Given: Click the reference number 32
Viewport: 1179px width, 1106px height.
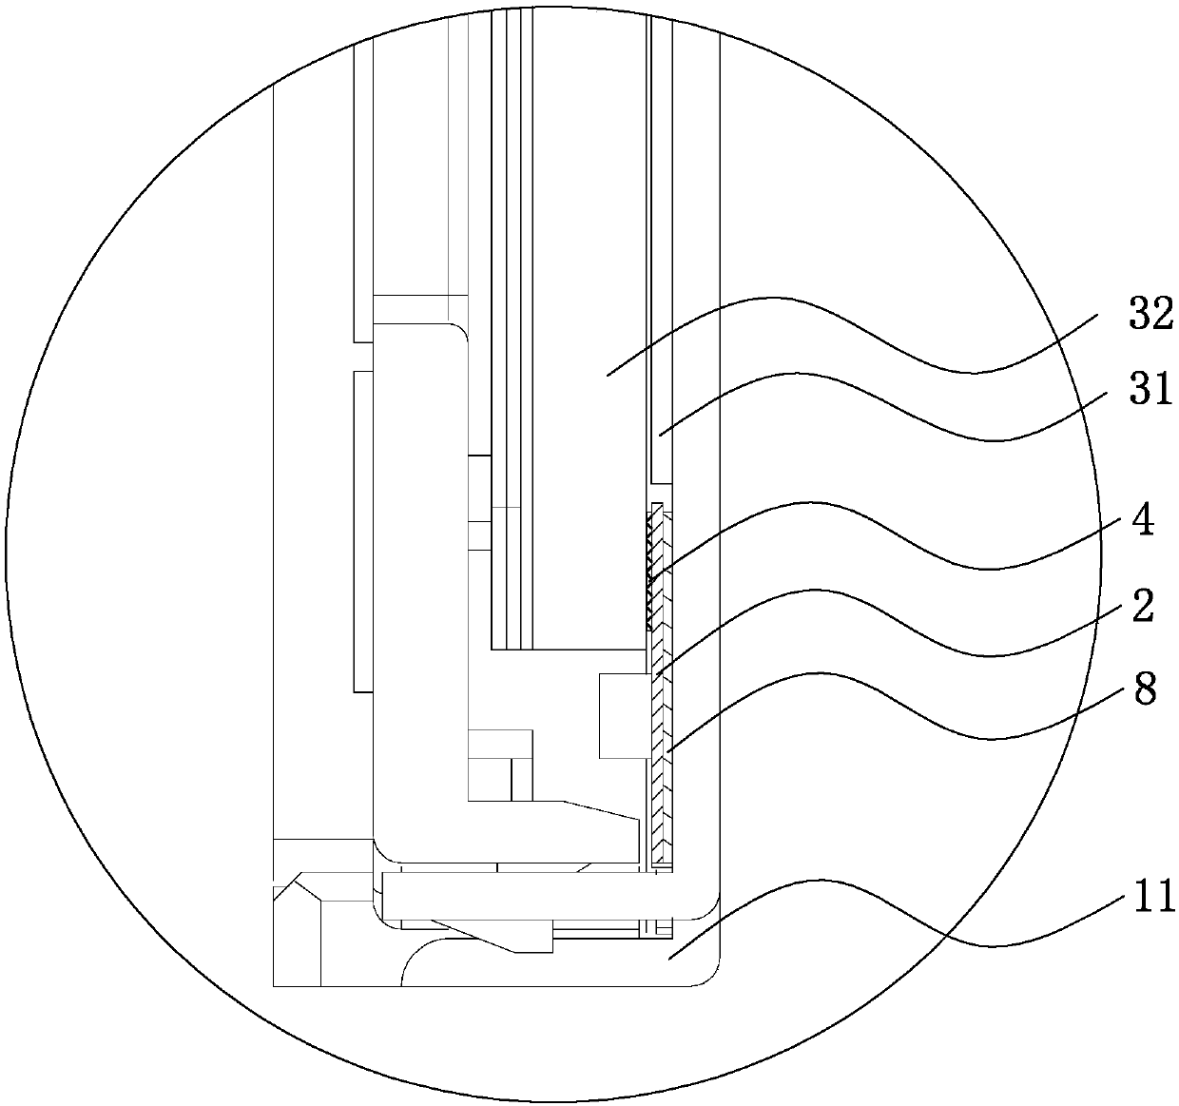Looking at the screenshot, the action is pos(1151,315).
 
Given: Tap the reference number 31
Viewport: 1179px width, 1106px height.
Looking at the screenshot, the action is pos(1150,389).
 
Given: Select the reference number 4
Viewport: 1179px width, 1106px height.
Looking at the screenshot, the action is pos(1143,522).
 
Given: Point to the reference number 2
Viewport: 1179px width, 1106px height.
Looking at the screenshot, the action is pos(1143,606).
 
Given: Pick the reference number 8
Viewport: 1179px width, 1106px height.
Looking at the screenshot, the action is pos(1145,690).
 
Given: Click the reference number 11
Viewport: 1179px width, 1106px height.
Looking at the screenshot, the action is pos(1150,896).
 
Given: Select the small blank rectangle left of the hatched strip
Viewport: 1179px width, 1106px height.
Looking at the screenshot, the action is pos(623,715).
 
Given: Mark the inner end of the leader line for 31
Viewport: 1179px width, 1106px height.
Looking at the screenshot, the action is pos(660,436).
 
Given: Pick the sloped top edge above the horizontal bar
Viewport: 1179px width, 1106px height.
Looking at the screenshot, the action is pos(599,809).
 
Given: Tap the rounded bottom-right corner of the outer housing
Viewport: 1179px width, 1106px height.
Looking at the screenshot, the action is pos(708,977).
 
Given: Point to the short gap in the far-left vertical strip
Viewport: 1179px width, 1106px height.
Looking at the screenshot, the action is pos(362,357).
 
